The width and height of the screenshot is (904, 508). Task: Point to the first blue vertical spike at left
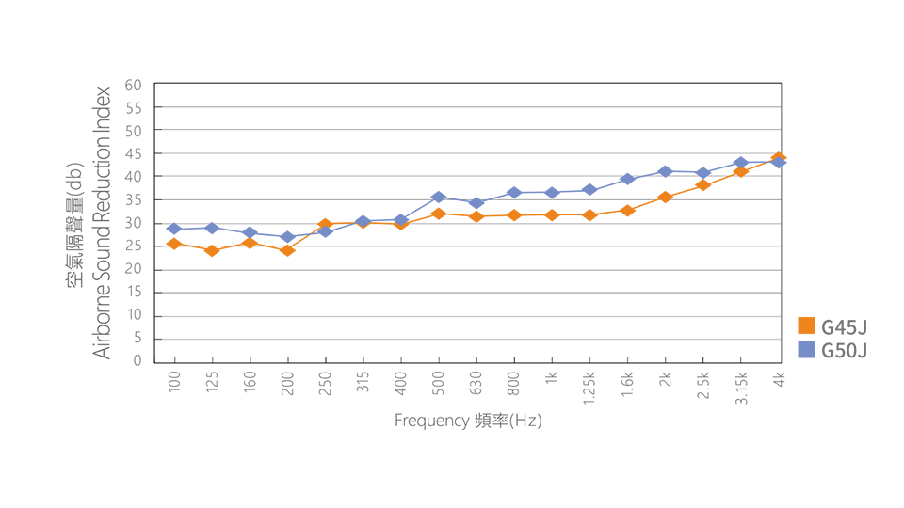click(x=173, y=219)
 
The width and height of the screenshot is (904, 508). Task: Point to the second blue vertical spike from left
click(x=211, y=219)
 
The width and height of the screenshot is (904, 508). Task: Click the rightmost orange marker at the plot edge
click(x=778, y=154)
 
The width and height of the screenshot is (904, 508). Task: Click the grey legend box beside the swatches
click(x=843, y=339)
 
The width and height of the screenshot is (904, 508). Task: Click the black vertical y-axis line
click(x=149, y=226)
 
